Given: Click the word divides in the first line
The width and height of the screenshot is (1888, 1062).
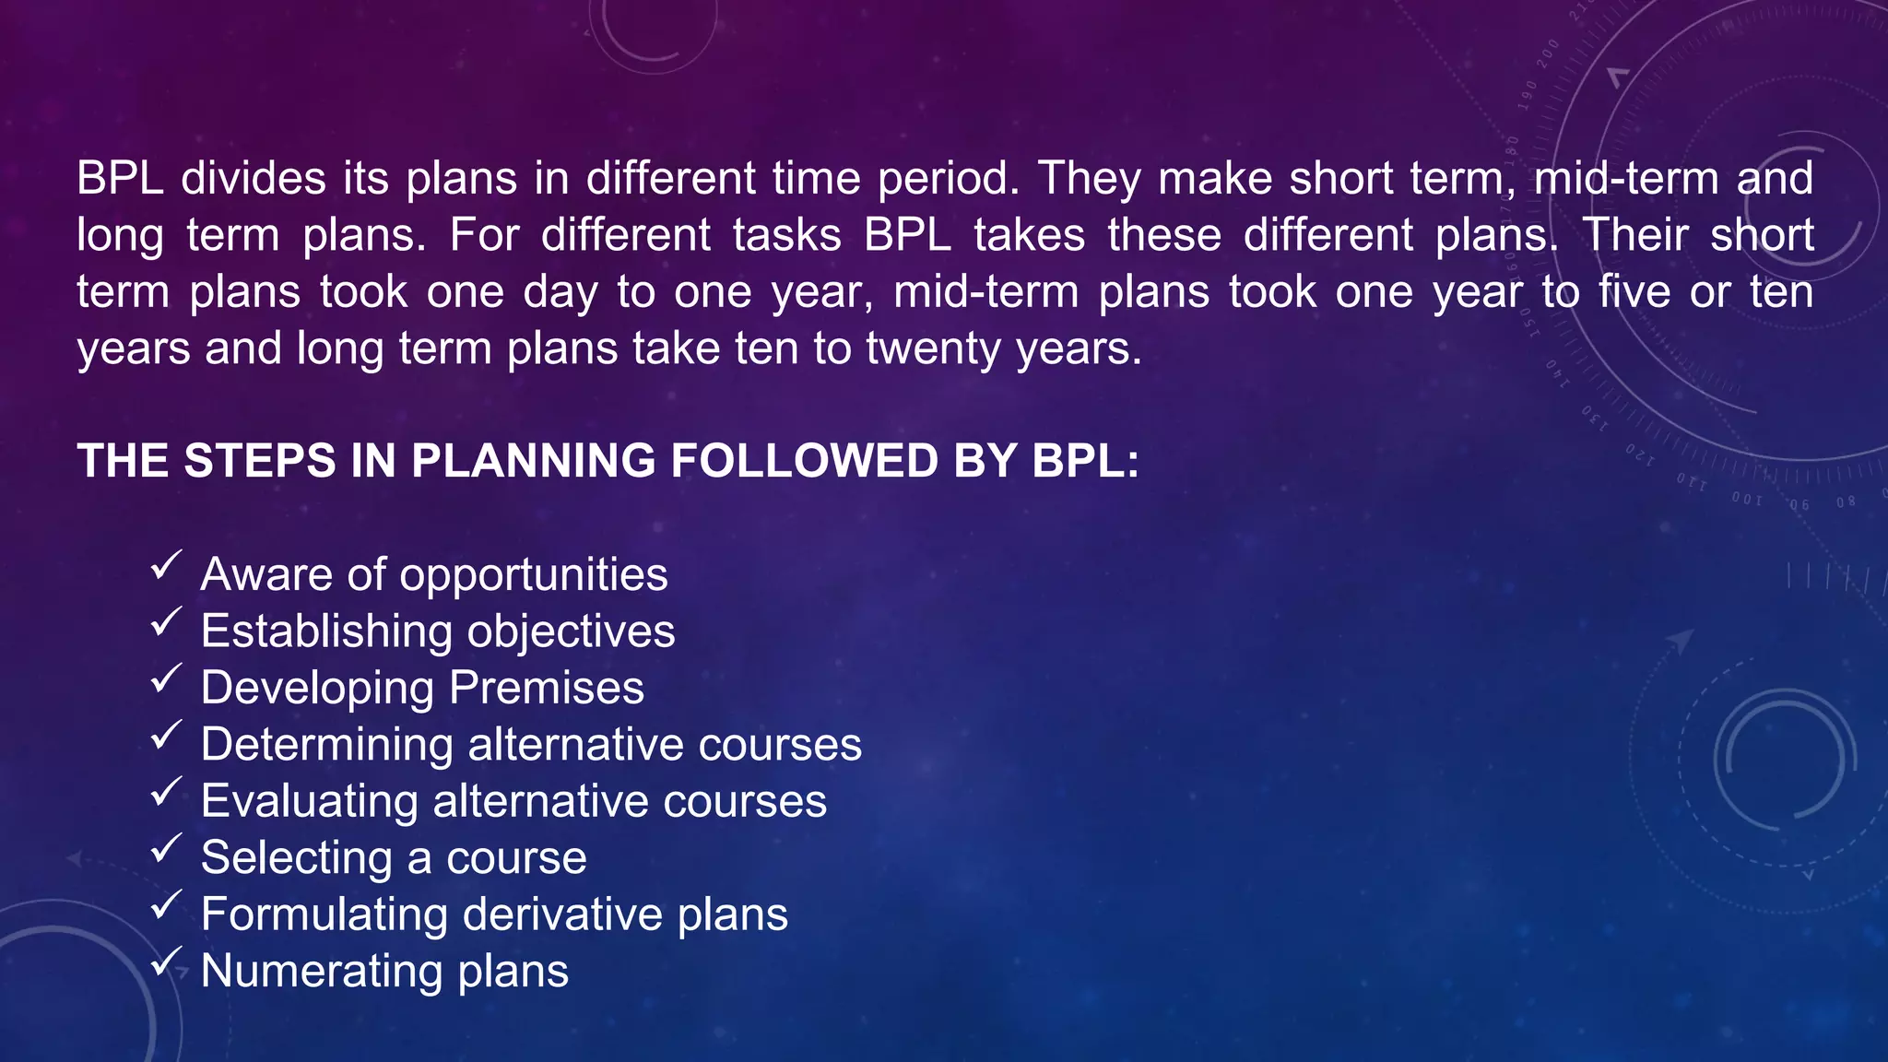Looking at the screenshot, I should click(x=254, y=178).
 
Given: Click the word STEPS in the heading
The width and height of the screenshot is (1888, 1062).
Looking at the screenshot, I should click(x=260, y=461).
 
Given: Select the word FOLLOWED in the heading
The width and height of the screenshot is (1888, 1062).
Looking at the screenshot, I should click(x=804, y=461).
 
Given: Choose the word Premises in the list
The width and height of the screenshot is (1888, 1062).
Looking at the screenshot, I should click(x=547, y=688).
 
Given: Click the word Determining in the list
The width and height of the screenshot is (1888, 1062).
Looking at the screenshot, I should click(x=326, y=745).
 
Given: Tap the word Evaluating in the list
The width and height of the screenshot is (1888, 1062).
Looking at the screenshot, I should click(x=309, y=801).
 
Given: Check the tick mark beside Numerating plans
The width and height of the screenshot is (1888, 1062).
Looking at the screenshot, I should click(x=166, y=962).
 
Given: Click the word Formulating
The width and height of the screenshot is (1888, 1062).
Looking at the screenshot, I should click(x=324, y=914).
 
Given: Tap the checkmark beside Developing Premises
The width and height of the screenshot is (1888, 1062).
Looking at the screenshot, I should click(x=166, y=678).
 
